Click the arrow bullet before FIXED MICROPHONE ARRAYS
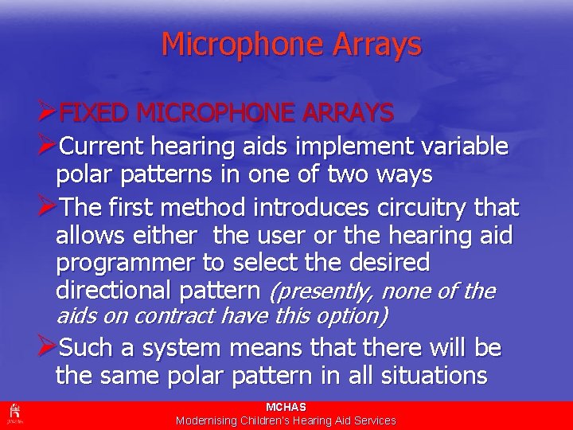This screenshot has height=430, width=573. pos(47,113)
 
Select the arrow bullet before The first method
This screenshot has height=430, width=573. pos(47,208)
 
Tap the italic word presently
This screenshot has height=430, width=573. pos(319,291)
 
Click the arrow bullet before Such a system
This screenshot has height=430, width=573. pos(47,347)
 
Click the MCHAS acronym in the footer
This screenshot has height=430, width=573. pos(286,407)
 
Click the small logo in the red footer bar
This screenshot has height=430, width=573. pos(14,413)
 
